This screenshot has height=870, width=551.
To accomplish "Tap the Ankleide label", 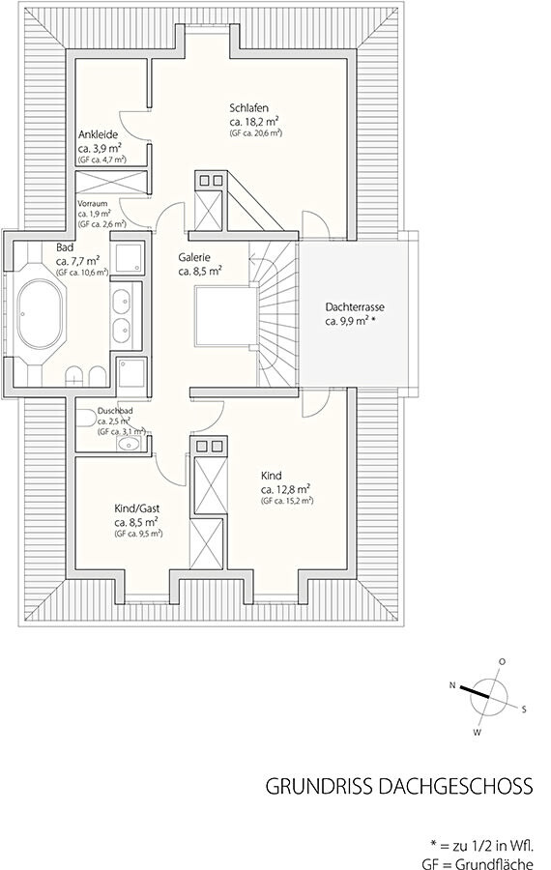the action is pos(98,134).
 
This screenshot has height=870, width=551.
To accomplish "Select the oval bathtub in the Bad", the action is pos(41,314).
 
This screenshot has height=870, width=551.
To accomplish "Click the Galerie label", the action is pos(194,257).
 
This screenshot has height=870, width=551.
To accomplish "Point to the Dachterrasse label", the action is pos(355,306).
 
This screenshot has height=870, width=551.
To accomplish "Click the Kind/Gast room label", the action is pos(137,508).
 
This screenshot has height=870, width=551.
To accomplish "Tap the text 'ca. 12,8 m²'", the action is pos(285,489).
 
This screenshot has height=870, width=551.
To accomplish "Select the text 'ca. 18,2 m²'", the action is pos(253,122).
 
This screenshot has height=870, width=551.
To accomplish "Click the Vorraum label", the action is pos(93,203).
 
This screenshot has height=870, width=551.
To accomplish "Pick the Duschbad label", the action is pos(115,411).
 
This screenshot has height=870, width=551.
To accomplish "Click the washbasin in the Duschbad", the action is pos(130,444).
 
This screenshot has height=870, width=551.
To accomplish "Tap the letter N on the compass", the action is pos(452,685).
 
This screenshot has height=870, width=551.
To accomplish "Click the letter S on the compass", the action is pos(524,709).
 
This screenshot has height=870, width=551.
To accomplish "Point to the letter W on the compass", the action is pos(477,733).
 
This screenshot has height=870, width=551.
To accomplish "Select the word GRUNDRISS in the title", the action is pos(319,787).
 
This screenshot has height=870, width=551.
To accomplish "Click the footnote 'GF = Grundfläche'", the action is pos(478,863).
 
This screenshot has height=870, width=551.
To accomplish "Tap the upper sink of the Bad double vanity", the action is pos(122,303).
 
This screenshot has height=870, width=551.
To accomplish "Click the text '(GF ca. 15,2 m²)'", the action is pos(287,501).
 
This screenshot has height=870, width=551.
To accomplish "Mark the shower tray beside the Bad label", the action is pos(130,257).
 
